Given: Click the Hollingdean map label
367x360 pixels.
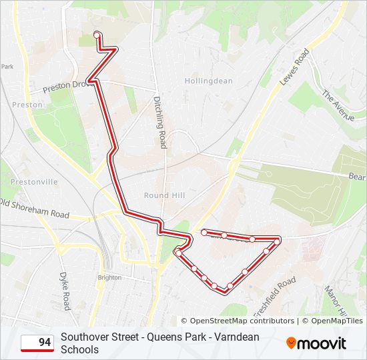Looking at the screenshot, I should coord(209,81).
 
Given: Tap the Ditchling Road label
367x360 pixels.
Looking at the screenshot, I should coord(159,121).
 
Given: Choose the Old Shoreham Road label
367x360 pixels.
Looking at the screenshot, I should coord(35,208).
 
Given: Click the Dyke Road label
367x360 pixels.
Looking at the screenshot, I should coord(65,291).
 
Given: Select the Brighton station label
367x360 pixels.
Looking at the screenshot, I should coord(109,277).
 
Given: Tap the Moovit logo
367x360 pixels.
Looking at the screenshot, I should coord(316,343).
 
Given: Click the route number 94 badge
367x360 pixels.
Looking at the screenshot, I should coord(37,343).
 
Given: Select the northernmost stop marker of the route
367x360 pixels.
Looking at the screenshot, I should coord(97,35).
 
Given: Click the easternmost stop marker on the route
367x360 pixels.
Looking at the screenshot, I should coord(278,239).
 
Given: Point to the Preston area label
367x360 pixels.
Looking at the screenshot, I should coord(27,105).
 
